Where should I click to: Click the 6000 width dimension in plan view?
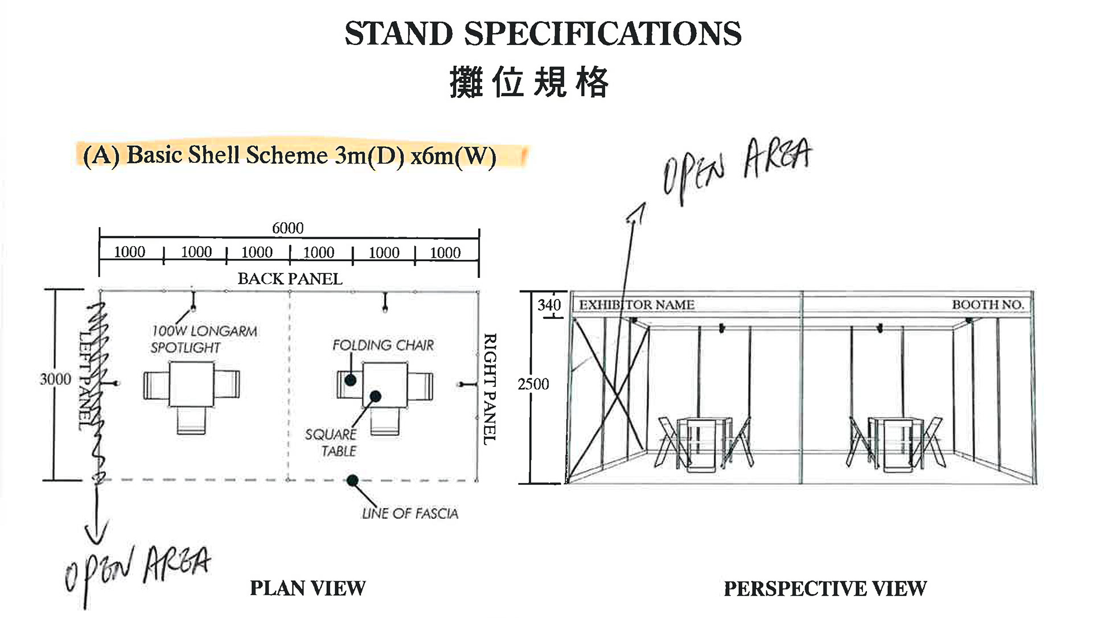point(287,228)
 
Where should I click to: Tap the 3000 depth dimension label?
point(55,379)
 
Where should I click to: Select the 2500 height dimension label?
point(533,384)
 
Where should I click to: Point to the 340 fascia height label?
point(549,305)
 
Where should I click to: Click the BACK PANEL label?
point(290,279)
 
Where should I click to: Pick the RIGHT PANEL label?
point(490,389)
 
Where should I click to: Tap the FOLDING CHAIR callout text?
point(383,345)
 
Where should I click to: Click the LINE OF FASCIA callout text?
point(410,513)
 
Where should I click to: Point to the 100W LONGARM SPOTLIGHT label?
point(204,339)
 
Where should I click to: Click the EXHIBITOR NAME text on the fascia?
point(636,305)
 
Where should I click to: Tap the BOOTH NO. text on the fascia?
point(988,305)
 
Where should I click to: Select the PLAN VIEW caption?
point(307,588)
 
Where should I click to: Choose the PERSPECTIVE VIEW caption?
point(825,588)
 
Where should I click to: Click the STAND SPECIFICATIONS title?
point(543,34)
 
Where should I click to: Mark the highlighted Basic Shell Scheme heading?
point(290,155)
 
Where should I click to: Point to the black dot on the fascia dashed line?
point(352,481)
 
